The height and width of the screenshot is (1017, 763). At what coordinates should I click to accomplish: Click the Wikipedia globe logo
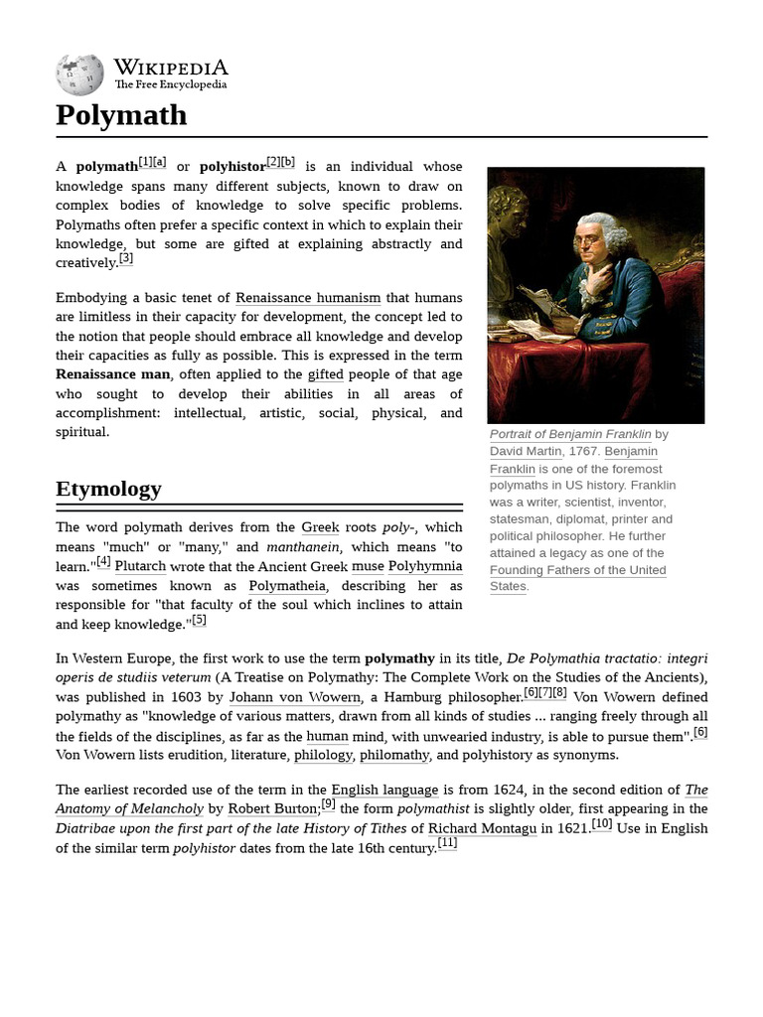[x=79, y=74]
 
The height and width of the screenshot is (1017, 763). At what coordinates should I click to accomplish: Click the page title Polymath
[x=121, y=115]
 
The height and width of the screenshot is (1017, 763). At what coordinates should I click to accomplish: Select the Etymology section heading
[x=108, y=489]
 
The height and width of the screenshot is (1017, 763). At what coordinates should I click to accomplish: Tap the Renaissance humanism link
[x=308, y=298]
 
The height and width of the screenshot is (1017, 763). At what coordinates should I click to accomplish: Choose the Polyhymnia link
[x=424, y=566]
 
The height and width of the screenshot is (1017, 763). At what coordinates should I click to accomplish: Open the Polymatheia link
[x=286, y=586]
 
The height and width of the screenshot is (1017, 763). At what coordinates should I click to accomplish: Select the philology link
[x=323, y=755]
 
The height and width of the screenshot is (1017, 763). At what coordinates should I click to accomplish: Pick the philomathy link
[x=394, y=755]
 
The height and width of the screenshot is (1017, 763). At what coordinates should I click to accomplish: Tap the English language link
[x=384, y=791]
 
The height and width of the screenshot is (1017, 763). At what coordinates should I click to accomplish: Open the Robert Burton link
[x=273, y=809]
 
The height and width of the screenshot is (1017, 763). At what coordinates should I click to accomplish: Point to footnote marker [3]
[x=125, y=259]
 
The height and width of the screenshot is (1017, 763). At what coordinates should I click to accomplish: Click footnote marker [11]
[x=447, y=844]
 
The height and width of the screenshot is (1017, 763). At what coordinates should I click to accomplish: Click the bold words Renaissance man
[x=113, y=374]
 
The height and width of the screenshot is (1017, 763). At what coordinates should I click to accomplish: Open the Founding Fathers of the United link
[x=577, y=570]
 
